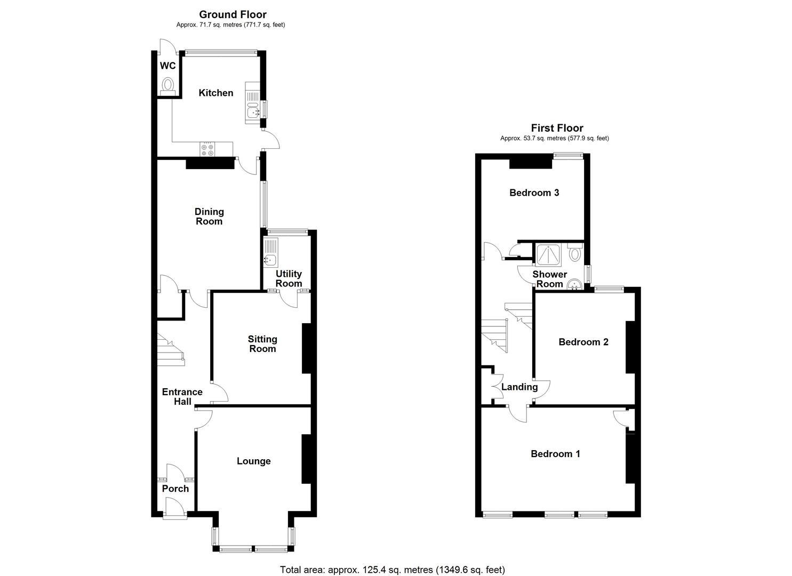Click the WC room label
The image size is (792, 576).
pos(167,66)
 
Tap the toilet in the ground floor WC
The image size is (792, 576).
pos(168,86)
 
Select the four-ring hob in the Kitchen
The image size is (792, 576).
pos(207,150)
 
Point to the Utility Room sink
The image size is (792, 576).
pos(270,260)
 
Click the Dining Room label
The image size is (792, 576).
pos(209,217)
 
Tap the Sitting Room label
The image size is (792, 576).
pos(262,344)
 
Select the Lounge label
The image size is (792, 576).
pos(254,461)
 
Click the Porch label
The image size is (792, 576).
pos(175,489)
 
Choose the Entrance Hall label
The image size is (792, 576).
pos(182,396)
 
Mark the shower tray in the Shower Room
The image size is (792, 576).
pos(549,255)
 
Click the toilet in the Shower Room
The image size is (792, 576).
pos(574,252)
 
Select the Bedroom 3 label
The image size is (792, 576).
pos(534,193)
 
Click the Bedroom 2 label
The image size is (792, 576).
pos(583,342)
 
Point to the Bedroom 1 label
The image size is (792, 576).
pos(555,454)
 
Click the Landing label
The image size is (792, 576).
pos(519,387)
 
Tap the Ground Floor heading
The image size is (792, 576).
pos(233,14)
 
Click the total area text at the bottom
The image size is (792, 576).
pos(393,570)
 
